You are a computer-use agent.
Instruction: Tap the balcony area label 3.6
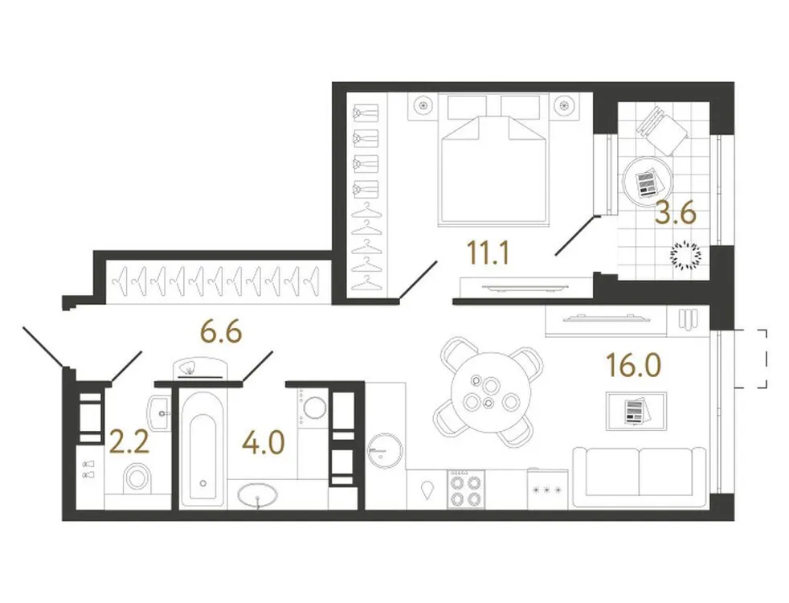(x=674, y=216)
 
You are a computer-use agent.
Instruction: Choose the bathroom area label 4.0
(x=264, y=443)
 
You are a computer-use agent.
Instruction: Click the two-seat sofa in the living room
(x=641, y=478)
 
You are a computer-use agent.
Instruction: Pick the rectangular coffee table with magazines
(x=636, y=411)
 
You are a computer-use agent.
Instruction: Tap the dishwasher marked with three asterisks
(x=547, y=489)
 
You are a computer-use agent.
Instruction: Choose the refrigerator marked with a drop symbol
(x=427, y=489)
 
